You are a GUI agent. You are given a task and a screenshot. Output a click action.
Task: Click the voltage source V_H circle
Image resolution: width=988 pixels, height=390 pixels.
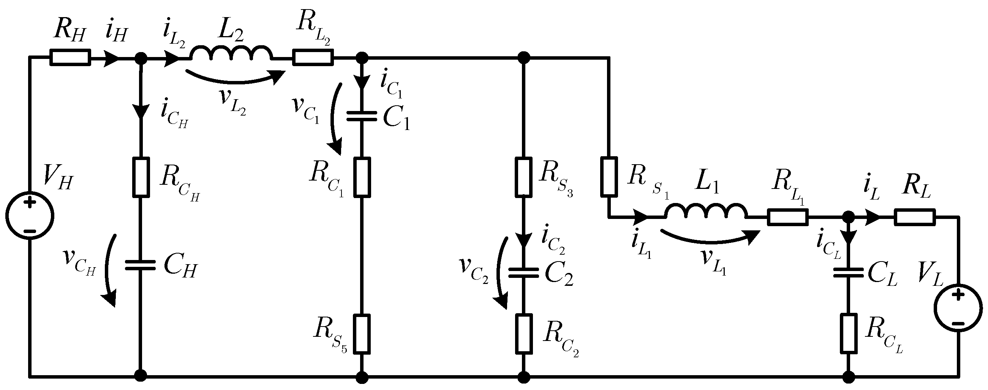(30, 216)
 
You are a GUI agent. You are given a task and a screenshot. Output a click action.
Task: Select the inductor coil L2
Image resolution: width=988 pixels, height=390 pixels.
(231, 55)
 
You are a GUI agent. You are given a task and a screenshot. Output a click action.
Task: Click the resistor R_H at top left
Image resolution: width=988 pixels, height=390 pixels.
(70, 57)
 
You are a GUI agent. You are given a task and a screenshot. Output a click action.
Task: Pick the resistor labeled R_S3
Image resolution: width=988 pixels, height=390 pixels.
(523, 177)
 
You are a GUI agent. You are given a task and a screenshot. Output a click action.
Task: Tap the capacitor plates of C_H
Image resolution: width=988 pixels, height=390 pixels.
(141, 265)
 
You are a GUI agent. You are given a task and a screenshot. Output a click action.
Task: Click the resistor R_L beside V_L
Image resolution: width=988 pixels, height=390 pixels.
(915, 217)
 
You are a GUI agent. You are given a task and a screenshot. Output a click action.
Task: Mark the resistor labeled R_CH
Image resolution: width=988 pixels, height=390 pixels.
(141, 177)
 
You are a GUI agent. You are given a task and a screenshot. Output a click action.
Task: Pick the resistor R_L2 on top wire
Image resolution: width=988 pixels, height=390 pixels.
(313, 57)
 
